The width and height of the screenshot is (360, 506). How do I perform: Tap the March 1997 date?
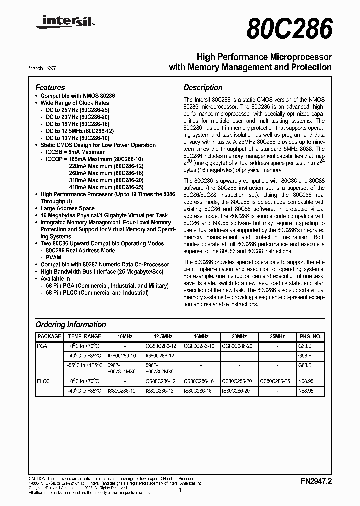(46, 68)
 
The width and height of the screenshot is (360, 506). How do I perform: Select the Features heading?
(50, 87)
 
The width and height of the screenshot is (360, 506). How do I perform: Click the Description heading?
(203, 87)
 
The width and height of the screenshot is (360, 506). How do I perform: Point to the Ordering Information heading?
(71, 324)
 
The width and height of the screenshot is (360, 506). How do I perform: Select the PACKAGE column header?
(49, 337)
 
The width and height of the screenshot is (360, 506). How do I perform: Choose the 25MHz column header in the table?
(278, 337)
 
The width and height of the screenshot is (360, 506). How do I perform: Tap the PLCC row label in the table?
(43, 381)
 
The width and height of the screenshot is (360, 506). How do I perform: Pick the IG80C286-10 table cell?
(122, 355)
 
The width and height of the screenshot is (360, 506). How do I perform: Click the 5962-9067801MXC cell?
(122, 368)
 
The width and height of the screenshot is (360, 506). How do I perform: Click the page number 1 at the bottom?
(180, 491)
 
